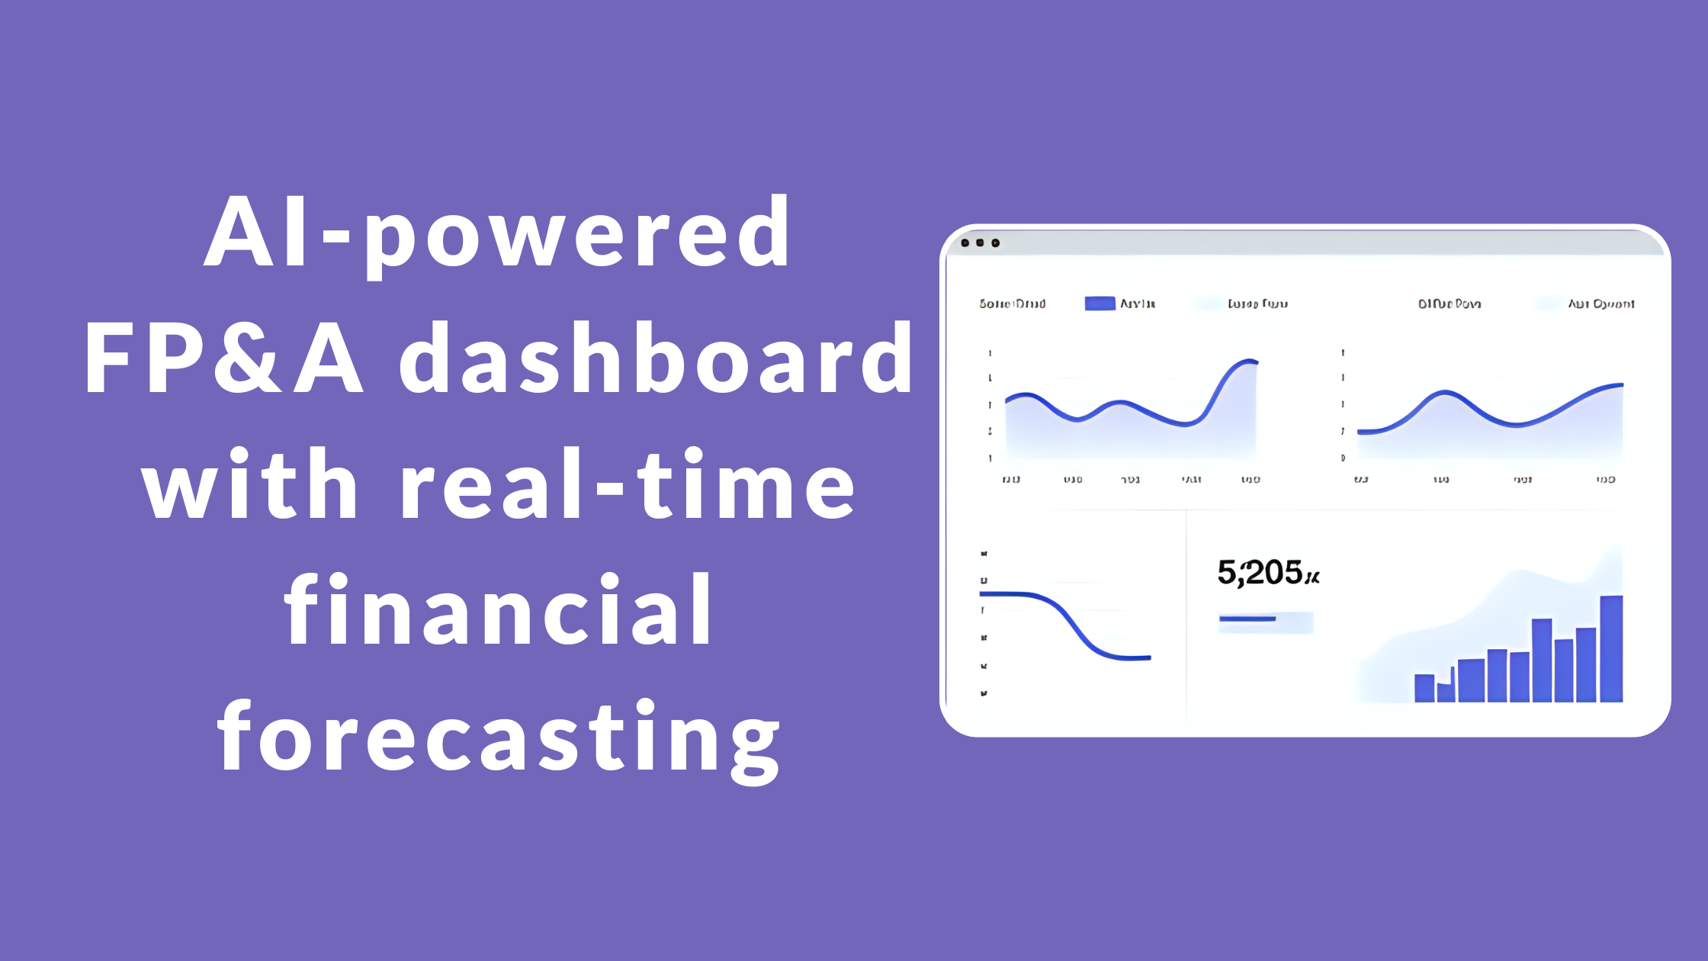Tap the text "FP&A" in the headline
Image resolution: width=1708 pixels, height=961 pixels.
tap(223, 358)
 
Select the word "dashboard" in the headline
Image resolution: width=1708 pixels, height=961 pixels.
tap(656, 358)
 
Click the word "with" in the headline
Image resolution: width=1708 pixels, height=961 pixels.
tap(250, 485)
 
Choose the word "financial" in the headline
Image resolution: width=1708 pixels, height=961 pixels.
tap(499, 610)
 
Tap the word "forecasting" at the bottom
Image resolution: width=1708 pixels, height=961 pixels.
tap(499, 737)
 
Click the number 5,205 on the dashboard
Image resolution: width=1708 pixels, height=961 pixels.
tap(1260, 573)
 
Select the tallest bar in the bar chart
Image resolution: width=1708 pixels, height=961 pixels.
tap(1611, 648)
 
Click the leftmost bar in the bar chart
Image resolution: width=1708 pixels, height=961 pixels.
tap(1424, 688)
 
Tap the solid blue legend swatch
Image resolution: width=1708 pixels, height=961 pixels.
tap(1100, 304)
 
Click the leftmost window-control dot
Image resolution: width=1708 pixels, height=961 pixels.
tap(965, 243)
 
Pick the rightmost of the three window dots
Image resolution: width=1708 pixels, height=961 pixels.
tap(996, 243)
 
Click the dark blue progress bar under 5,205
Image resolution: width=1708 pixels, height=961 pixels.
tap(1247, 619)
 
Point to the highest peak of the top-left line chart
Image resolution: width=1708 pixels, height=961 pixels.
tap(1249, 361)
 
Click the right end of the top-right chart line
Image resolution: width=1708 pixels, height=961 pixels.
tap(1621, 385)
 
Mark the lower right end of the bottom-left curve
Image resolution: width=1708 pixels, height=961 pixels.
tap(1148, 657)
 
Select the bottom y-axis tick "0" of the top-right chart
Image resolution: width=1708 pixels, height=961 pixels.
tap(1343, 458)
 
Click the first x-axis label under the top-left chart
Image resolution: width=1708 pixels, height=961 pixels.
tap(1011, 480)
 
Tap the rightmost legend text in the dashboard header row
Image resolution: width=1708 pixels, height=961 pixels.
tap(1601, 304)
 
